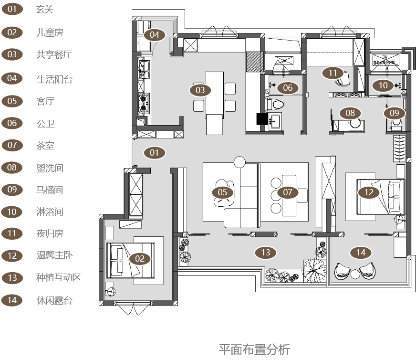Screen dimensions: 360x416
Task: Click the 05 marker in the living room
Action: pos(223,192)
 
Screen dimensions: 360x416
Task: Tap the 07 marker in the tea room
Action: pos(287,192)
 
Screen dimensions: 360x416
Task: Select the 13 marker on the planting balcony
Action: pos(266,252)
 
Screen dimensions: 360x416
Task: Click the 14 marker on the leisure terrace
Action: pos(361,252)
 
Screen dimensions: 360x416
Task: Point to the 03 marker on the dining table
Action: pos(200,90)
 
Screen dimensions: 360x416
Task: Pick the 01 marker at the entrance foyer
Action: pos(154,153)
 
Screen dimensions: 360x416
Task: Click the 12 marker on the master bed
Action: pos(369,192)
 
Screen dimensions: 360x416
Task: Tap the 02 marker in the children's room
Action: pos(140,259)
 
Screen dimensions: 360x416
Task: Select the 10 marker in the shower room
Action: pos(383,85)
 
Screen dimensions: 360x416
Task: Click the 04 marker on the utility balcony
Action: pos(155,35)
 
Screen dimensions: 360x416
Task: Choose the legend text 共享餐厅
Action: pos(53,54)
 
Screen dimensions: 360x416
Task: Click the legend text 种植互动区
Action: pos(58,277)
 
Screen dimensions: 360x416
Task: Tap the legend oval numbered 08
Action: pos(12,168)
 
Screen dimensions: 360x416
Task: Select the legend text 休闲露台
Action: pos(54,300)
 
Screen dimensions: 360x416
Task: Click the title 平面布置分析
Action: pos(254,349)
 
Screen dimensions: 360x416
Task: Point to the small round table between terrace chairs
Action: pos(355,274)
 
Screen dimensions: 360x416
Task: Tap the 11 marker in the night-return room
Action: pos(333,73)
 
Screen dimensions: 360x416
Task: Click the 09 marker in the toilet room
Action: pos(395,113)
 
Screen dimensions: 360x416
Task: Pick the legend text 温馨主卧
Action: pos(54,255)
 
